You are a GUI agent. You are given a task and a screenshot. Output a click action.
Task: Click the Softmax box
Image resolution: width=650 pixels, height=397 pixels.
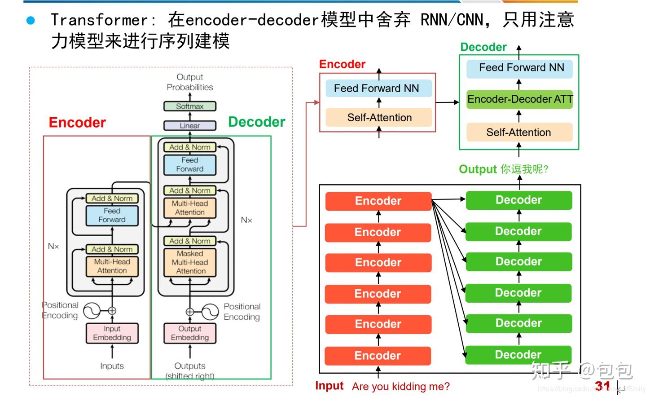pos(189,106)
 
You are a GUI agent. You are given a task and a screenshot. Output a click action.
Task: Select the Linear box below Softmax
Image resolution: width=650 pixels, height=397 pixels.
pos(189,126)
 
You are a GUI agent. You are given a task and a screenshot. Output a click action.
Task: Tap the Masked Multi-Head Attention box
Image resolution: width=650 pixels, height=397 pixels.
pos(190,262)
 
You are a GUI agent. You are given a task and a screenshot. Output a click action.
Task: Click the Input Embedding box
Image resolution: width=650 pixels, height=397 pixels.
pos(112,333)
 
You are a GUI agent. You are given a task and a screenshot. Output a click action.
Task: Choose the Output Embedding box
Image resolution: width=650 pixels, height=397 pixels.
pos(190,333)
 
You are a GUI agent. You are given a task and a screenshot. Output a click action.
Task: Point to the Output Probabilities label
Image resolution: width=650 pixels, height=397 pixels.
pos(189,82)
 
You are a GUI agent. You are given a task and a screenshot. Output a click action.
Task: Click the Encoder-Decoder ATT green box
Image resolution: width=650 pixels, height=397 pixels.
pos(519,99)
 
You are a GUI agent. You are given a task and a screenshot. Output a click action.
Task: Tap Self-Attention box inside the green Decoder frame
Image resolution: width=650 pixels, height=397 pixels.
pos(518,132)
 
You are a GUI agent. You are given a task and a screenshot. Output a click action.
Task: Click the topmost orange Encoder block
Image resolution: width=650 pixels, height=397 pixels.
pos(378,201)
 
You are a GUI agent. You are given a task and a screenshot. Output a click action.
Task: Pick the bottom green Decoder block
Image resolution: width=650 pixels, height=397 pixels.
pos(518,354)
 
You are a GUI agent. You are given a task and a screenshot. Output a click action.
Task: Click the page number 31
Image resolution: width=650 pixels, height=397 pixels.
pos(602,386)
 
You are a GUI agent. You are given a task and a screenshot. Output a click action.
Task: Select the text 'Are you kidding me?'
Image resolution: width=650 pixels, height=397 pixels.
pos(400,387)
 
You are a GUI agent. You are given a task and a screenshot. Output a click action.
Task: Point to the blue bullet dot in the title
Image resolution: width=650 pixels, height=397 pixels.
pos(31,20)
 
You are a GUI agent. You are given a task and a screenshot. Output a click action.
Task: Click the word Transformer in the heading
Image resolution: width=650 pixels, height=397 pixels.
pos(99,20)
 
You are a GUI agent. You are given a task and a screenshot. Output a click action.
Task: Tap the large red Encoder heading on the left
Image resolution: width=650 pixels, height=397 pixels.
pos(77,123)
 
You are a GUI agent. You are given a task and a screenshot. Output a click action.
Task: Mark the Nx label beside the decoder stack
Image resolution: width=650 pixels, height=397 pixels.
pos(246,220)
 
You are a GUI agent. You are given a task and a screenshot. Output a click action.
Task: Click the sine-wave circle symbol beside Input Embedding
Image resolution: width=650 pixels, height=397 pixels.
pos(92,311)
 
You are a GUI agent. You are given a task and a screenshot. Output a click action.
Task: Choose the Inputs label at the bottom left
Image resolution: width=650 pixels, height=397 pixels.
pos(112,366)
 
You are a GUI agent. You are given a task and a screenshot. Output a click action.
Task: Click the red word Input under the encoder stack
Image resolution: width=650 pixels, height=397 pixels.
pos(329,386)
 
